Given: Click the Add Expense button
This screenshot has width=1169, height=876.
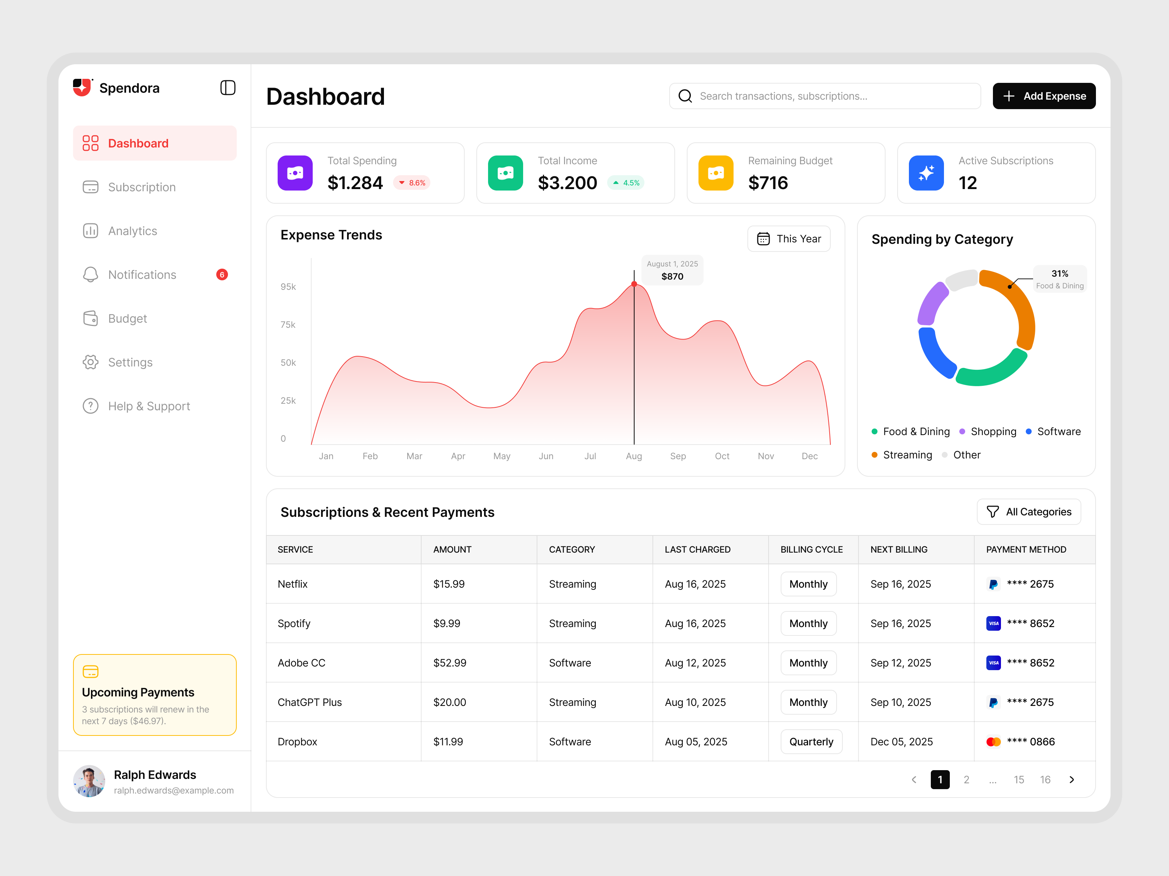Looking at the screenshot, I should (1043, 96).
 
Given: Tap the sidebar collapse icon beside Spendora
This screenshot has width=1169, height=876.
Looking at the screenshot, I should (228, 88).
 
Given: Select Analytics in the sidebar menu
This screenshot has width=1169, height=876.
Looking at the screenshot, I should (132, 231).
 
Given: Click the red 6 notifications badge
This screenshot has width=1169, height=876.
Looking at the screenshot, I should (222, 274).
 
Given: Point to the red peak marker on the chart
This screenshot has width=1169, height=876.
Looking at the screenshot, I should (634, 284).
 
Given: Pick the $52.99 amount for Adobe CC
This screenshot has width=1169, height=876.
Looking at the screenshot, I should (450, 663).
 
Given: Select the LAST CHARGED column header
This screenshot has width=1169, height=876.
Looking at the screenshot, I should (698, 550).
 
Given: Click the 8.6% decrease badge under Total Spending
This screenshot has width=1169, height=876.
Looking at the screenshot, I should (412, 183).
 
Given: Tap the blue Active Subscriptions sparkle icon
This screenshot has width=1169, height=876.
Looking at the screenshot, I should (926, 173).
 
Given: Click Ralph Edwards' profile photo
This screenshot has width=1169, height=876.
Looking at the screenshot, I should (89, 781).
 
